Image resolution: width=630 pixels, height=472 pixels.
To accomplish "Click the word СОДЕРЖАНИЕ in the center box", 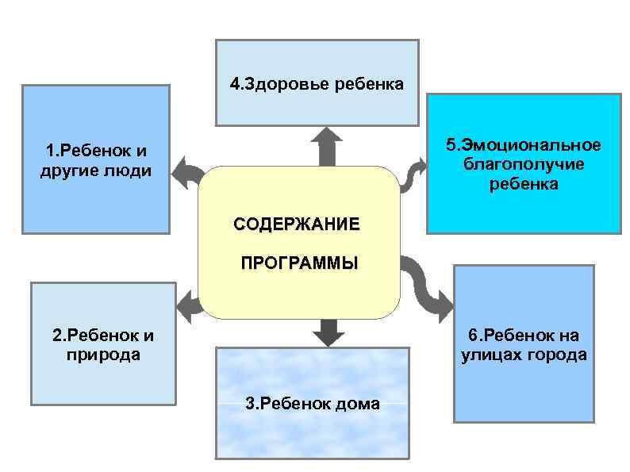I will pyautogui.click(x=296, y=224).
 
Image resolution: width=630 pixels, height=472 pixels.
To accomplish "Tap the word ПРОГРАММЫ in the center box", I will pyautogui.click(x=299, y=263).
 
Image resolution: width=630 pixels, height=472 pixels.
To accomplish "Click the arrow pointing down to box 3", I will pyautogui.click(x=325, y=331).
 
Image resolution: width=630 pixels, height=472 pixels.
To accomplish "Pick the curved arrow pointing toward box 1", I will pyautogui.click(x=186, y=171).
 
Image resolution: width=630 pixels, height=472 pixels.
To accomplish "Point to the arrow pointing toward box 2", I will pyautogui.click(x=187, y=305).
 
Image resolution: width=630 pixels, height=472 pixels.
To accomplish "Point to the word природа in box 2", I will pyautogui.click(x=102, y=355).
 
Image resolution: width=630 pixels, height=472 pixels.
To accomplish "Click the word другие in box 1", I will pyautogui.click(x=68, y=171).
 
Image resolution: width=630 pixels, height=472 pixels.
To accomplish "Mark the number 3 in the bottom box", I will pyautogui.click(x=250, y=404).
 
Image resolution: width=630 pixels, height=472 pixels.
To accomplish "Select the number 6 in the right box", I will pyautogui.click(x=473, y=334).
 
